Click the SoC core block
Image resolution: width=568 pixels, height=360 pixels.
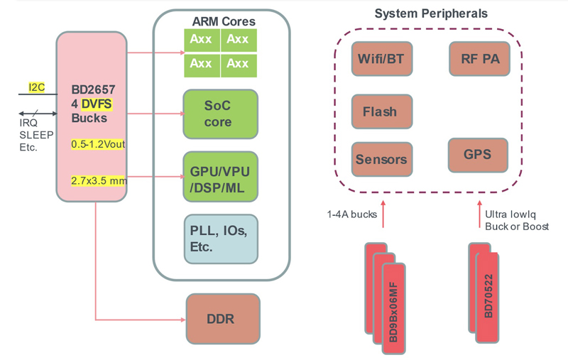217,114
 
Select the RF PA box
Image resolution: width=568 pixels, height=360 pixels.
479,58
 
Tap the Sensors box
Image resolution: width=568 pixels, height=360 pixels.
381,159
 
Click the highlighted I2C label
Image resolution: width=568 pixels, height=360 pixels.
36,87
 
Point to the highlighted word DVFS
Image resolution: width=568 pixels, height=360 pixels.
97,104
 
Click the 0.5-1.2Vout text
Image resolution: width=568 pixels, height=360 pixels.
98,144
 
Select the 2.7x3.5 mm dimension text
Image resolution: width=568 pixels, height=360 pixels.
99,180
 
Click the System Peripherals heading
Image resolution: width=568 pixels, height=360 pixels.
431,13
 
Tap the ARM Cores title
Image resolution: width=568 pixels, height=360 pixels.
224,21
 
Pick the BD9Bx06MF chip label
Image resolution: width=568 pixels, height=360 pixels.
394,312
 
